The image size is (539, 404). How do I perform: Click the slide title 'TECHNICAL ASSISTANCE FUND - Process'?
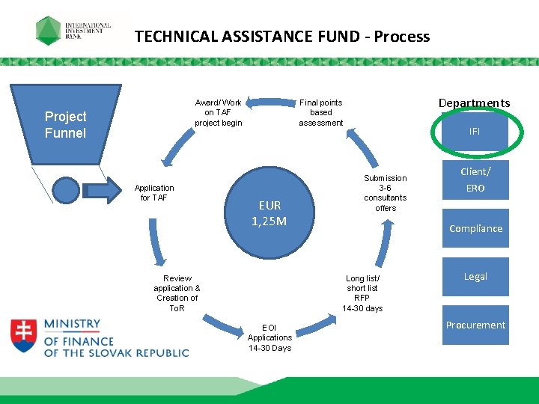pyautogui.click(x=282, y=37)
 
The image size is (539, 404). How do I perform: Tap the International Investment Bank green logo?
pyautogui.click(x=50, y=31)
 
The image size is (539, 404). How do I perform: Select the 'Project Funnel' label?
pyautogui.click(x=66, y=125)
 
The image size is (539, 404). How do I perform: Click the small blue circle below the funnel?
pyautogui.click(x=67, y=190)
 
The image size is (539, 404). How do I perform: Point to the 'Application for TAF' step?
pyautogui.click(x=154, y=193)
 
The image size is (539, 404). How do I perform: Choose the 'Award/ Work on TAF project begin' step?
pyautogui.click(x=218, y=113)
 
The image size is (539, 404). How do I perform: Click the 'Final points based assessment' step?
pyautogui.click(x=320, y=113)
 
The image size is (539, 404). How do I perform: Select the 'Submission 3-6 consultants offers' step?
pyautogui.click(x=386, y=193)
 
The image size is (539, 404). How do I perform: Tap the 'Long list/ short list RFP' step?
pyautogui.click(x=362, y=293)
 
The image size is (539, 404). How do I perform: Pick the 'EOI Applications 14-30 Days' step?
pyautogui.click(x=269, y=337)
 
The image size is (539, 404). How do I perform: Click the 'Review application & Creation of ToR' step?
pyautogui.click(x=177, y=293)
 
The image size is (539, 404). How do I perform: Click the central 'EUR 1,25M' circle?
pyautogui.click(x=269, y=213)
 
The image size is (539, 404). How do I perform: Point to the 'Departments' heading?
pyautogui.click(x=474, y=103)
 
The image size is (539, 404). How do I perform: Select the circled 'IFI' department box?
pyautogui.click(x=475, y=131)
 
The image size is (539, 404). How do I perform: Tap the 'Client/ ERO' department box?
pyautogui.click(x=475, y=180)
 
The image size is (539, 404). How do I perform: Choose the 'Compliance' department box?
pyautogui.click(x=475, y=229)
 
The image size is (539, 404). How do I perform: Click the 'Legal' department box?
pyautogui.click(x=475, y=277)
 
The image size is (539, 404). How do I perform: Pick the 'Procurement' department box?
pyautogui.click(x=475, y=325)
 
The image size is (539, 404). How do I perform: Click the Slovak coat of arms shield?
pyautogui.click(x=23, y=336)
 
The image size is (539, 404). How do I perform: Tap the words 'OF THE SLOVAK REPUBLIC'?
pyautogui.click(x=117, y=353)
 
